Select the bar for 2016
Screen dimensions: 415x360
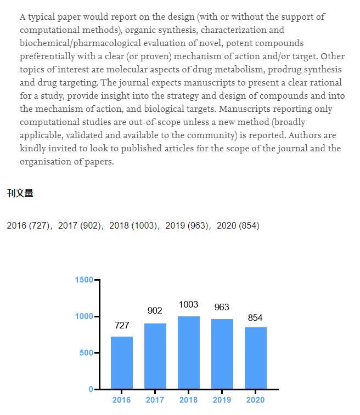pyautogui.click(x=122, y=362)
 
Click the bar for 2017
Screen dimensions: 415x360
pyautogui.click(x=155, y=356)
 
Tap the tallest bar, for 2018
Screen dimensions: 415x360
pyautogui.click(x=189, y=353)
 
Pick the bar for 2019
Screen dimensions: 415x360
pyautogui.click(x=222, y=354)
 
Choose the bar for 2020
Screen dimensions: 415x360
pyautogui.click(x=256, y=358)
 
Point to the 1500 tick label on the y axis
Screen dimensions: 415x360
pyautogui.click(x=84, y=280)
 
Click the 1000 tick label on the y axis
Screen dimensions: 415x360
pyautogui.click(x=84, y=316)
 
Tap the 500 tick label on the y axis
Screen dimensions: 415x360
pyautogui.click(x=86, y=353)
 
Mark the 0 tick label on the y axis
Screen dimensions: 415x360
pyautogui.click(x=91, y=389)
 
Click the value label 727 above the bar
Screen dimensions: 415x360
pyautogui.click(x=122, y=326)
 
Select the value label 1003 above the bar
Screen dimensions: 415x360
pyautogui.click(x=189, y=305)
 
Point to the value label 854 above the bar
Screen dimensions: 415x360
pyautogui.click(x=256, y=318)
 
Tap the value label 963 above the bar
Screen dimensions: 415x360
pyautogui.click(x=222, y=308)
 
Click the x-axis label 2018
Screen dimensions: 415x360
pyautogui.click(x=189, y=400)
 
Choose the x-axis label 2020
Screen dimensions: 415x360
pyautogui.click(x=256, y=400)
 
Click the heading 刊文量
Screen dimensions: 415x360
pyautogui.click(x=20, y=193)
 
